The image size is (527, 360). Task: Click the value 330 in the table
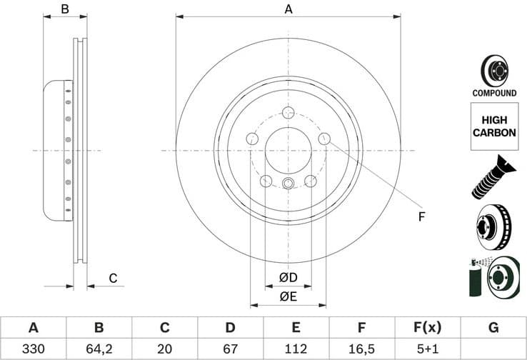(x=33, y=350)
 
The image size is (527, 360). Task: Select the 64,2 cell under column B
(x=99, y=350)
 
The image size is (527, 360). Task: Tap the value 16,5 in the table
(x=361, y=350)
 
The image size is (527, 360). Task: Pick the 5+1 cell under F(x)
(x=427, y=350)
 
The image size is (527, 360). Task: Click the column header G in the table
(x=493, y=328)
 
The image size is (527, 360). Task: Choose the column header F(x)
(x=427, y=328)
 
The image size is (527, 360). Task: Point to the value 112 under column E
(x=296, y=350)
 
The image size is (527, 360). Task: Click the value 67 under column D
(x=230, y=350)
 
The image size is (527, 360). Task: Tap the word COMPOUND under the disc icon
(x=494, y=93)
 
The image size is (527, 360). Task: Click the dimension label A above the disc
(x=288, y=9)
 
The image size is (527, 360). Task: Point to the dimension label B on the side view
(x=65, y=9)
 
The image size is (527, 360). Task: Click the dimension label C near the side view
(x=112, y=279)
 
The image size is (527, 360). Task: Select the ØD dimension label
(x=288, y=276)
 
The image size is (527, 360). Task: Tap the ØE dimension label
(x=288, y=296)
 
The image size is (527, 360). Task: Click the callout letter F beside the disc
(x=421, y=216)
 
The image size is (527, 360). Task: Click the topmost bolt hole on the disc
(x=288, y=113)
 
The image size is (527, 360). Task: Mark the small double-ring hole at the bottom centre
(x=288, y=184)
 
